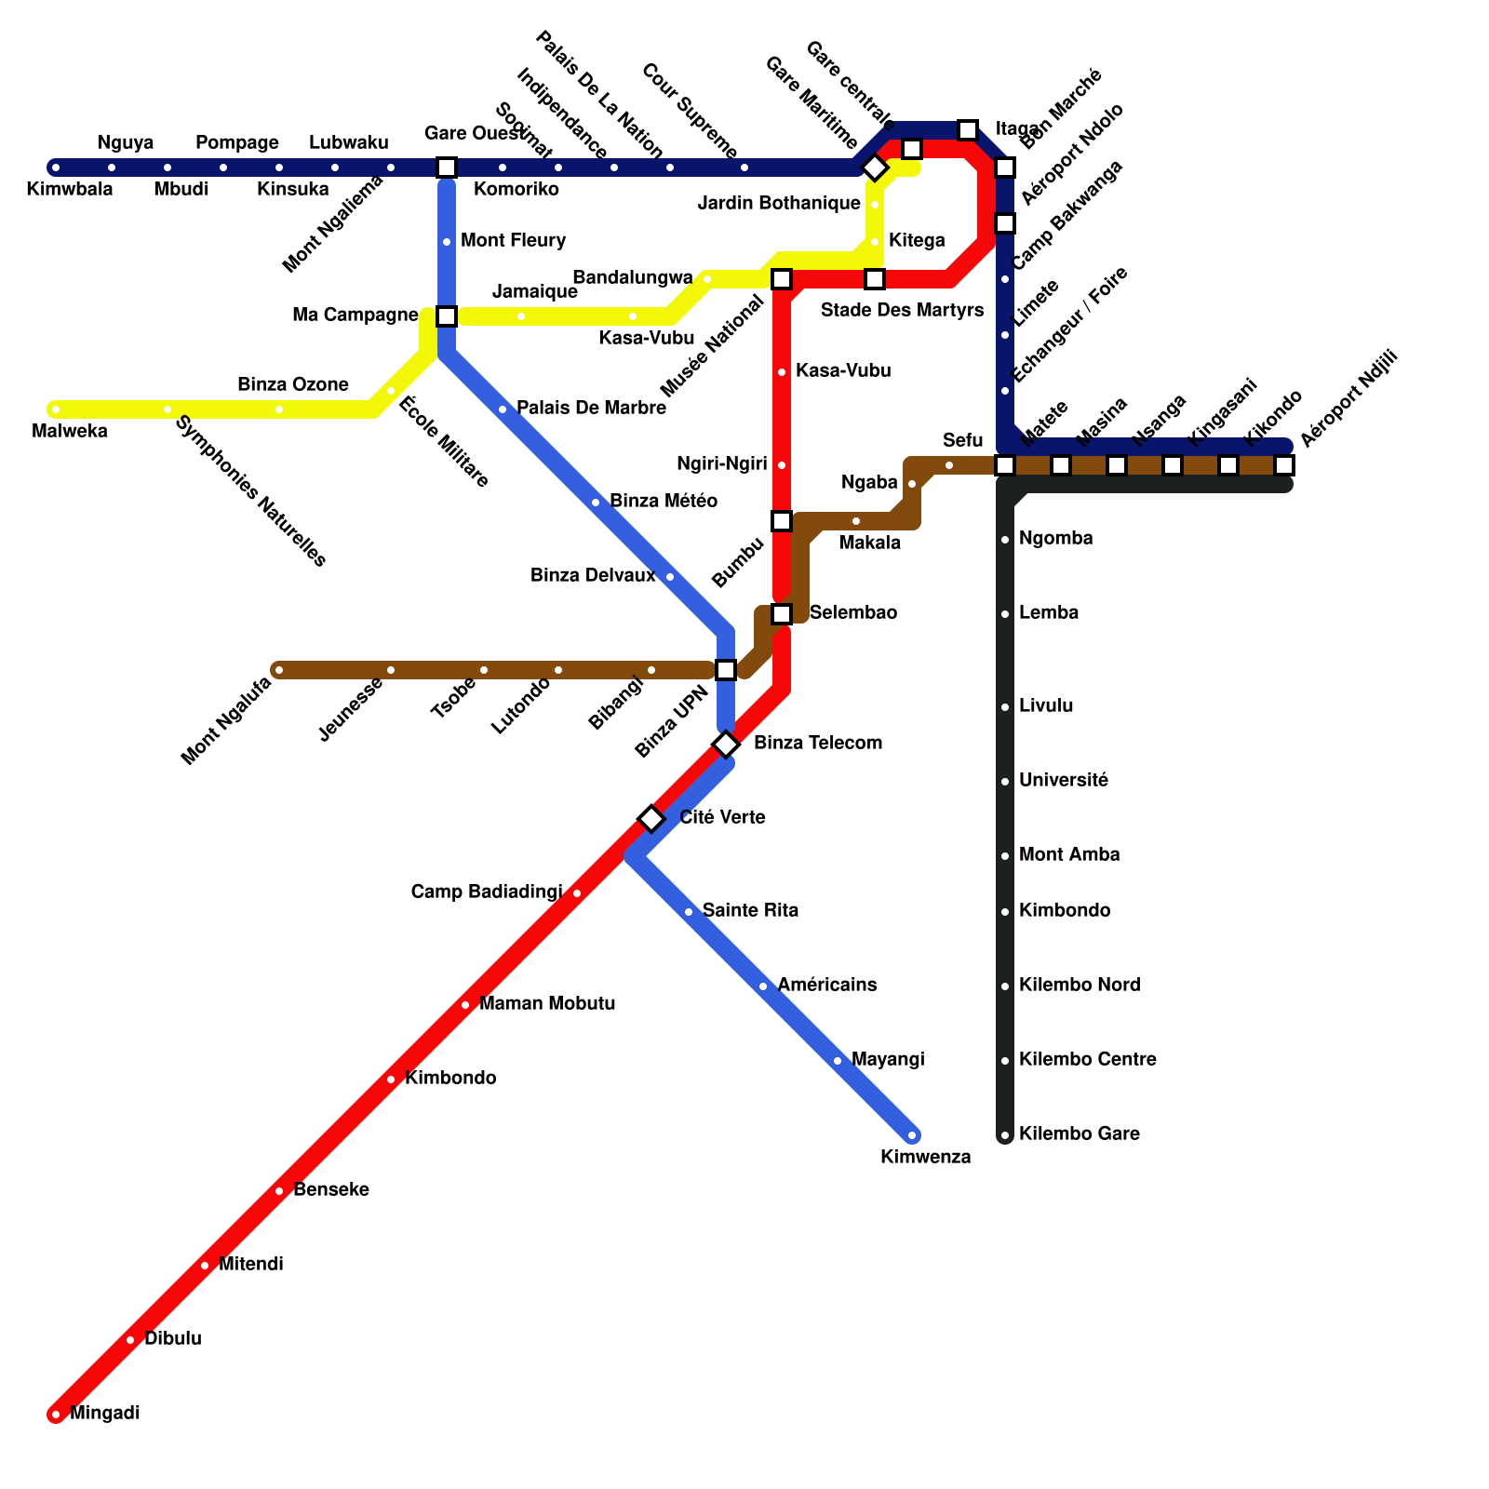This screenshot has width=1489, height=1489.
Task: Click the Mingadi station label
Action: (104, 1413)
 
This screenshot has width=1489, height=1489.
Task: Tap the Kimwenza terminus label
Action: (925, 1158)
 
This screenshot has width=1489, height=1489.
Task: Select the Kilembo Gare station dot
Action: (1005, 1135)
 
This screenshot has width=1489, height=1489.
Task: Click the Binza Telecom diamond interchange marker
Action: (726, 744)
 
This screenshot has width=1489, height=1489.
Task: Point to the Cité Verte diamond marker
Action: (651, 819)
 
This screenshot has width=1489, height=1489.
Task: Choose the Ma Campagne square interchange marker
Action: (447, 316)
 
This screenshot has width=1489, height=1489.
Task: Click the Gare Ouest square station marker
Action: (447, 168)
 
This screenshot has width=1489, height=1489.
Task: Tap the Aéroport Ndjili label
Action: (1348, 400)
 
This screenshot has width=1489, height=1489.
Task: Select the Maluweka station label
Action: (69, 431)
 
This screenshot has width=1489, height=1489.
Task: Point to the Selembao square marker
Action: (782, 614)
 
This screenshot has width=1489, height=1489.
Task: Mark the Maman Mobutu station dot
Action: (465, 1005)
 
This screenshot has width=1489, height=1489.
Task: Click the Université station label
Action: (1064, 780)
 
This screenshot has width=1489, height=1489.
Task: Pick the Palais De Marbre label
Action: (591, 408)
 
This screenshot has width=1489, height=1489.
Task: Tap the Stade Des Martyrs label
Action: (902, 310)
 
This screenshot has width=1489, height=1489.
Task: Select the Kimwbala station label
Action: (69, 190)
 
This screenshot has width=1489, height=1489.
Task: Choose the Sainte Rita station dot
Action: (689, 912)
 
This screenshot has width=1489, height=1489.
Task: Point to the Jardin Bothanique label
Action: (779, 203)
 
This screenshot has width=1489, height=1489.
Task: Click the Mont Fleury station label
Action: (513, 240)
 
